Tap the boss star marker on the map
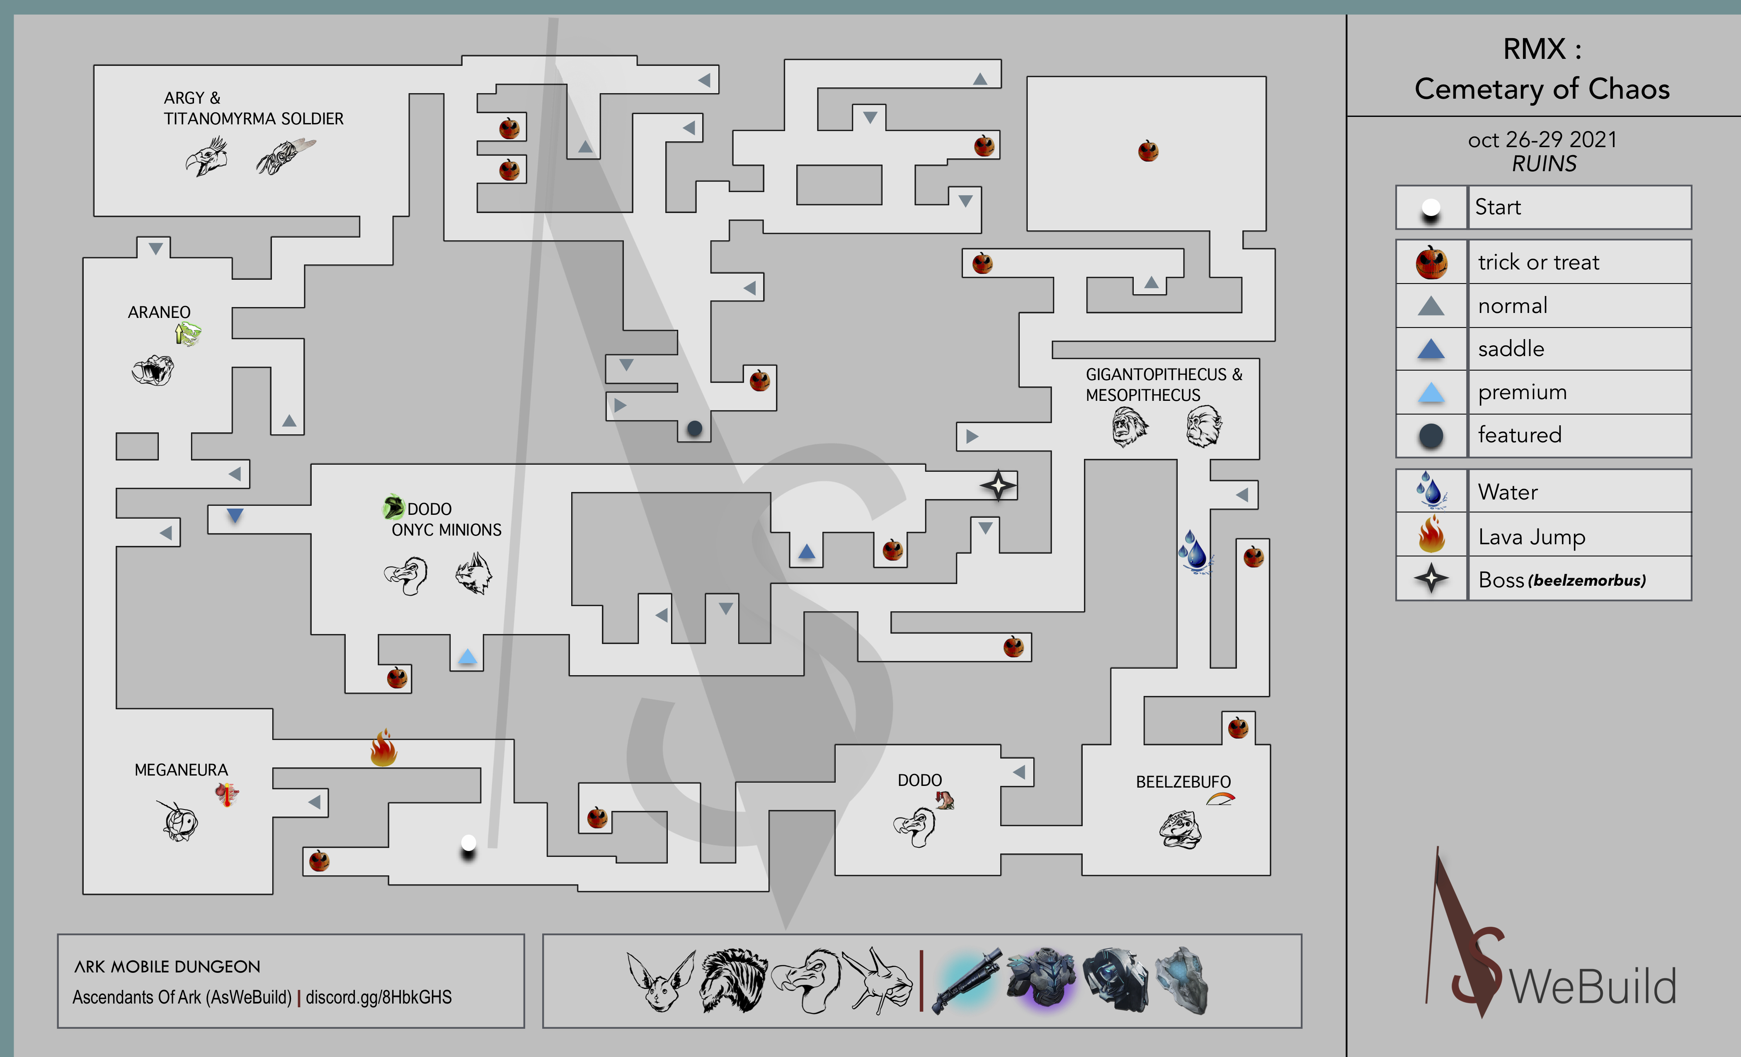pos(998,485)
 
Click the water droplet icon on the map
pos(1195,552)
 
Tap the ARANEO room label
pos(159,312)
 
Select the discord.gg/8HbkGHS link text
pos(379,997)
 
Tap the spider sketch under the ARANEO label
pos(153,369)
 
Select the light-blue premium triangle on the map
pos(467,657)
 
